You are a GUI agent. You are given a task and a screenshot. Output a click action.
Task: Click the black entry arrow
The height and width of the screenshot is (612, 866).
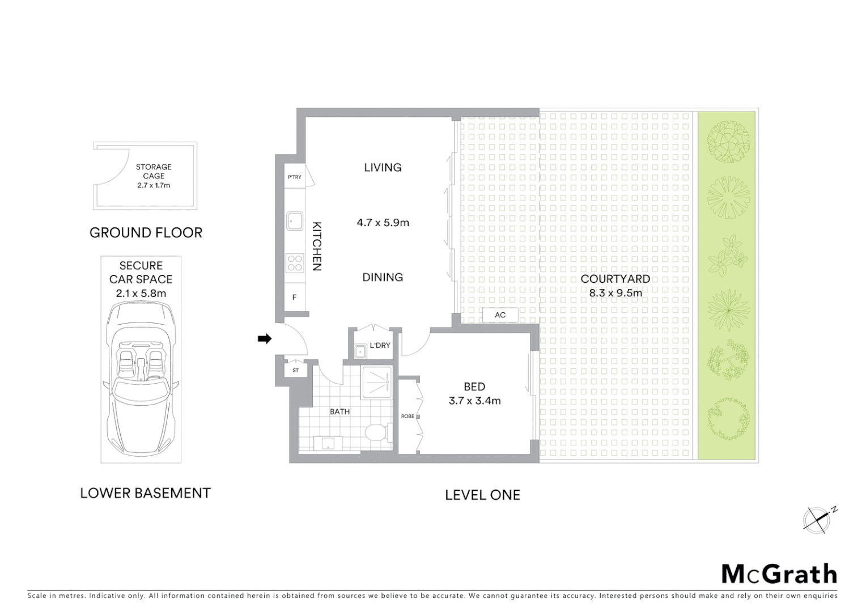[x=265, y=339]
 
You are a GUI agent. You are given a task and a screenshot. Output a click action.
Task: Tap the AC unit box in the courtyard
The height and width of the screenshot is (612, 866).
[x=500, y=315]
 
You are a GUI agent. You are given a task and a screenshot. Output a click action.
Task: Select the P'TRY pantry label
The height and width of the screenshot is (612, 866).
[x=295, y=177]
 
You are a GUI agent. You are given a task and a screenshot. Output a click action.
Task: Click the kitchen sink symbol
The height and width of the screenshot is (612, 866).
[x=295, y=221]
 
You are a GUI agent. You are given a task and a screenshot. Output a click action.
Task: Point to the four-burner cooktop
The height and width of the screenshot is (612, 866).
[x=295, y=263]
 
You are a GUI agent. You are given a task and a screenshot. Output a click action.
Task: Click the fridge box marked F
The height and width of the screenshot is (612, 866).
[x=294, y=297]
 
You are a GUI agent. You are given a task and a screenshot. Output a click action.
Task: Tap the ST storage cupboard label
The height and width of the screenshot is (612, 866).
[x=295, y=371]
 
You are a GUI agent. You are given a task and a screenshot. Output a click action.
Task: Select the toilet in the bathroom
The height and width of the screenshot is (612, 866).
[x=376, y=433]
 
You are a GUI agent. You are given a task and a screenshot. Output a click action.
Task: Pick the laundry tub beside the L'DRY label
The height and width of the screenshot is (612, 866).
[x=359, y=352]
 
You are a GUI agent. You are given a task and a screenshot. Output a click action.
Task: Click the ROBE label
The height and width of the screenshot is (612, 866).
[x=407, y=416]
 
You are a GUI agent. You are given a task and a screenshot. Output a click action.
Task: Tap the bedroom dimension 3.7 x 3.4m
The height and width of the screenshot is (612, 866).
[x=474, y=401]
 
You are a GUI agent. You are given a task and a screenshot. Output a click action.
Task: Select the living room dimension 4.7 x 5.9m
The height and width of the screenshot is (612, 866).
[x=383, y=223]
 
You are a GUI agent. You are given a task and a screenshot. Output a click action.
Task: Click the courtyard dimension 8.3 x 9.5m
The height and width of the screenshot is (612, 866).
[x=615, y=293]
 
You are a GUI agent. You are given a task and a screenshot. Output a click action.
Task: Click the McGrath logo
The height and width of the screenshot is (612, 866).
[x=779, y=573]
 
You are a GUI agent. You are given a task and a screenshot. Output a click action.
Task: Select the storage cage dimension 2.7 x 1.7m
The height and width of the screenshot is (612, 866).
[x=153, y=185]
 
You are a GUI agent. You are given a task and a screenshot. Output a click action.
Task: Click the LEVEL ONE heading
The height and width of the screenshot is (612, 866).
[x=482, y=495]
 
